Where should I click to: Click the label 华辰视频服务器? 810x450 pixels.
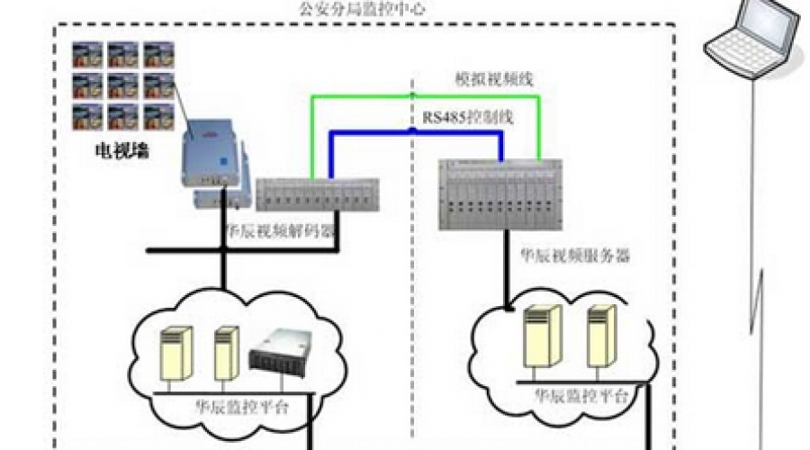pyautogui.click(x=574, y=256)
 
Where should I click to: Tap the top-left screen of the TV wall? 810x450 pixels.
pyautogui.click(x=87, y=56)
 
